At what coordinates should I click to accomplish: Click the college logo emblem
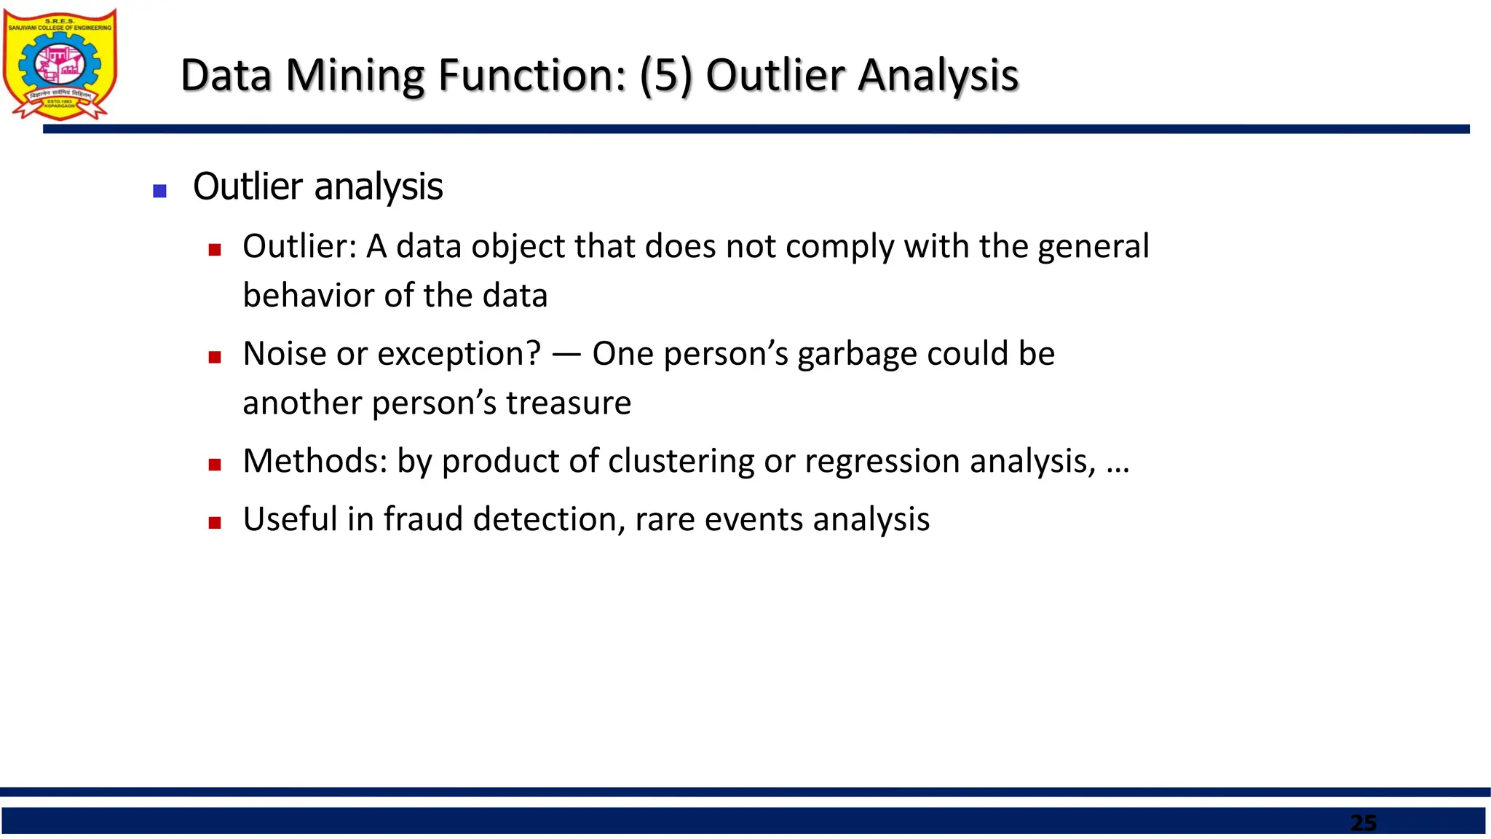coord(60,63)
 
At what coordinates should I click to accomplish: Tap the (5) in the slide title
coord(666,75)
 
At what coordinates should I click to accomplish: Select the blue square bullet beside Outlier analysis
coord(160,192)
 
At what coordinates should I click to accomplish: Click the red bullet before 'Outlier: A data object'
coord(214,250)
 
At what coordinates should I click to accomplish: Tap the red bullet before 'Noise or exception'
coord(214,357)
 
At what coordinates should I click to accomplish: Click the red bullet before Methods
coord(214,465)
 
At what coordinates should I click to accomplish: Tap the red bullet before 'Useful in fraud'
coord(214,522)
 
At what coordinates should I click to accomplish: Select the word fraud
coord(423,519)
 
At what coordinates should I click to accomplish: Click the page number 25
coord(1363,823)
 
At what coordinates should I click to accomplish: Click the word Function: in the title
coord(532,75)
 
